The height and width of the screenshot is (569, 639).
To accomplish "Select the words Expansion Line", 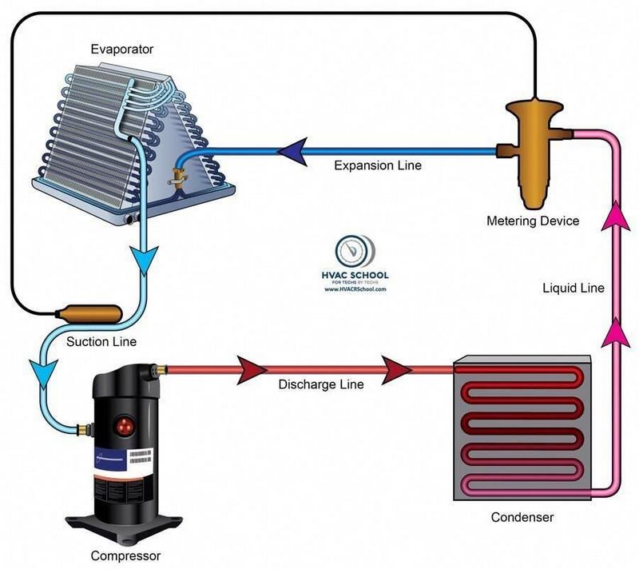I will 377,166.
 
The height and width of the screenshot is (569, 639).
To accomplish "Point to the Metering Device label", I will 533,221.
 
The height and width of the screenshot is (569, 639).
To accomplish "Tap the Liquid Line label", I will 573,288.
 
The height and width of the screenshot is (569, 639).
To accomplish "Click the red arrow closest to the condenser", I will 397,370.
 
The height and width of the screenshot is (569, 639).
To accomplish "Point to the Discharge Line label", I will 320,384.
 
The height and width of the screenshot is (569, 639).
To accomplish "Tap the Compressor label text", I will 126,555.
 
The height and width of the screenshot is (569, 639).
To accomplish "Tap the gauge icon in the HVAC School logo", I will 347,251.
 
